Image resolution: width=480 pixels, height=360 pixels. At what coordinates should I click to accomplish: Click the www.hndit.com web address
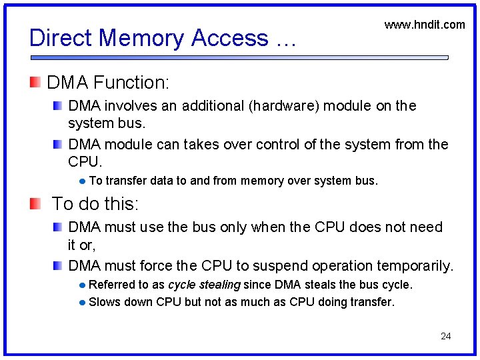pyautogui.click(x=425, y=25)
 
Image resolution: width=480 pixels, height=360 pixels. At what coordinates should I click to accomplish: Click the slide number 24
pyautogui.click(x=446, y=336)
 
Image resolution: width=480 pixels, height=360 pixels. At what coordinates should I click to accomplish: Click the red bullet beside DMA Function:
pyautogui.click(x=35, y=83)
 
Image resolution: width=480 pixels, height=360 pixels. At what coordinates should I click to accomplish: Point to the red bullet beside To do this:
pyautogui.click(x=35, y=203)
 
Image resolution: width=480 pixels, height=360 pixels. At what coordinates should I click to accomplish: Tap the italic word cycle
pyautogui.click(x=181, y=285)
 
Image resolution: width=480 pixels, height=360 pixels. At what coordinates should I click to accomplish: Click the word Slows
pyautogui.click(x=103, y=302)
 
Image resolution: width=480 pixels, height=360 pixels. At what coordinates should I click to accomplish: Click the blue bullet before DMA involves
pyautogui.click(x=59, y=105)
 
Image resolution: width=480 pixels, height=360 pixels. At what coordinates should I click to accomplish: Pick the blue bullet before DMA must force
pyautogui.click(x=59, y=266)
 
